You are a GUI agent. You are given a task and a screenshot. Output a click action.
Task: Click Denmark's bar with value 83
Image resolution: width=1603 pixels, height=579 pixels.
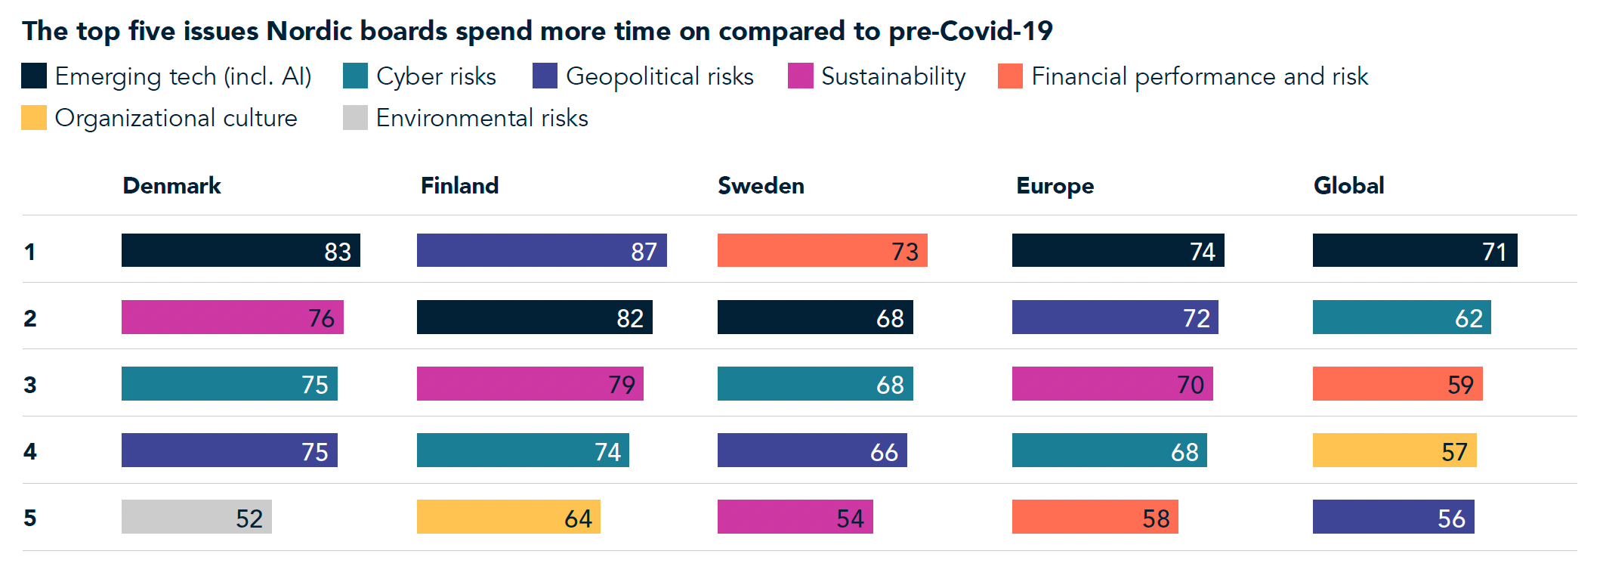point(240,250)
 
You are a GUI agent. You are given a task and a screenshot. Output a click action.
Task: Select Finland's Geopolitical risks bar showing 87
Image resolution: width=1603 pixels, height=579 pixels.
point(542,250)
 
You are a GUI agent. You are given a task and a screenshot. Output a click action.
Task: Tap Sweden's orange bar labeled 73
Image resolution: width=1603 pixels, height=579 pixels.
point(822,250)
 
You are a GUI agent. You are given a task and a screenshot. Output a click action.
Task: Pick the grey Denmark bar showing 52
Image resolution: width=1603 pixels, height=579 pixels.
point(196,517)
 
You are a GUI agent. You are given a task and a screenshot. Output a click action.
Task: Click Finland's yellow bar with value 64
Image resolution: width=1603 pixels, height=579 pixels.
point(508,517)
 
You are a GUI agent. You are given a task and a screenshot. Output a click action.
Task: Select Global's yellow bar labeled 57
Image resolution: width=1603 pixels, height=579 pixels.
point(1394,451)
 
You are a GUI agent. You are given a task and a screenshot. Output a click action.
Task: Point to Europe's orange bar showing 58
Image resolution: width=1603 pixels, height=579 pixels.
point(1095,517)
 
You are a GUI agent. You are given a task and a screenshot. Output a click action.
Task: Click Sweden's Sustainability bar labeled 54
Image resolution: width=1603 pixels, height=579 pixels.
point(795,517)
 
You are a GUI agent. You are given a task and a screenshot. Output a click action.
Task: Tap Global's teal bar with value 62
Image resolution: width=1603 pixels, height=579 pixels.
point(1401,317)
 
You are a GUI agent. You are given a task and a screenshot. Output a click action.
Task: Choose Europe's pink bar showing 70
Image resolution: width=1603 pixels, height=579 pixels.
point(1112,384)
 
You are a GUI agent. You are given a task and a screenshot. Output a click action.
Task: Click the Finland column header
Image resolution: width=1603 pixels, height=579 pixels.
point(459,186)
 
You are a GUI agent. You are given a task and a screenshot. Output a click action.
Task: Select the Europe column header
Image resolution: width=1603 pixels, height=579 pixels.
point(1055,186)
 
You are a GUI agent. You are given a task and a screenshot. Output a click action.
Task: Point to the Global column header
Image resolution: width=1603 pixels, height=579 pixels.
point(1348,186)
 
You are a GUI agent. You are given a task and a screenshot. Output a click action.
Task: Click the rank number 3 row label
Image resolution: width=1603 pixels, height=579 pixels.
point(30,385)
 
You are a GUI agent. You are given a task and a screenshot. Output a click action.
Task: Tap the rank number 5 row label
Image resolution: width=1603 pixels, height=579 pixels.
point(30,518)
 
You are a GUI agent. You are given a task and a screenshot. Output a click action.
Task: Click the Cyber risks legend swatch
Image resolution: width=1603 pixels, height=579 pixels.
point(355,76)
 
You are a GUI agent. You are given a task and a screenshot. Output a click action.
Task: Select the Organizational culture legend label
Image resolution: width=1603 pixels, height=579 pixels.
point(176,118)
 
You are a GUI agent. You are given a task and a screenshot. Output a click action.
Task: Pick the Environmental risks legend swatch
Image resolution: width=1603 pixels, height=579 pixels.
point(355,118)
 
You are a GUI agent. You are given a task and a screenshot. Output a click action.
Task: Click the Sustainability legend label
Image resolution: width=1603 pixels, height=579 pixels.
point(893,76)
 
